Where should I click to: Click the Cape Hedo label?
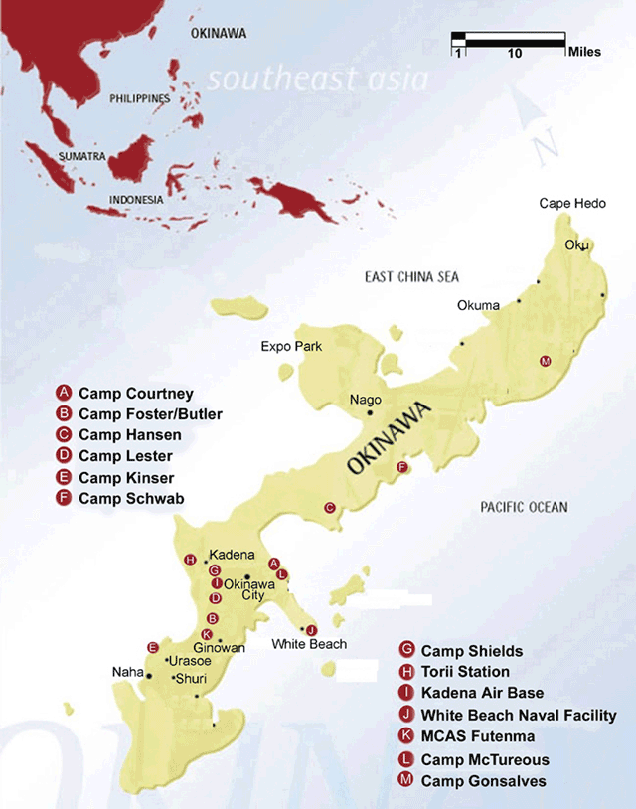[569, 203]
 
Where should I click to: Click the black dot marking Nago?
[370, 412]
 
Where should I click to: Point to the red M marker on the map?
[544, 360]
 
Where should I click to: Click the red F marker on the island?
[401, 467]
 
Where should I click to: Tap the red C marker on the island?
[329, 508]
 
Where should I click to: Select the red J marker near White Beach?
[311, 630]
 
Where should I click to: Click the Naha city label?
[128, 673]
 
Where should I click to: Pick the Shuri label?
[190, 679]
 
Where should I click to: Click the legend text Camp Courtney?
[136, 394]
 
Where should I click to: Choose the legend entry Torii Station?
[470, 672]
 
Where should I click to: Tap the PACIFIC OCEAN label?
[524, 507]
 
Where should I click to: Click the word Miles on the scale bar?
[584, 52]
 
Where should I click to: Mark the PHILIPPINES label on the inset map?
[140, 99]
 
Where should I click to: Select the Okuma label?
[478, 305]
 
